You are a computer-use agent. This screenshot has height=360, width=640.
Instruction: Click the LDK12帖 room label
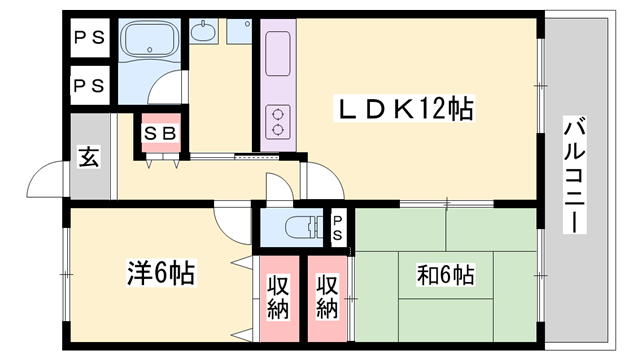tap(402, 107)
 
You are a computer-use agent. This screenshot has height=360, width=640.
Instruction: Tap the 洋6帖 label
tap(160, 271)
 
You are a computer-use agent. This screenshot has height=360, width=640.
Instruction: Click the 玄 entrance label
tap(89, 157)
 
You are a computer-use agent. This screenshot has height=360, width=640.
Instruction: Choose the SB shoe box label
tap(160, 133)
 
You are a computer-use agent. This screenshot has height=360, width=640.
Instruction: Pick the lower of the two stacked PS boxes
tap(87, 85)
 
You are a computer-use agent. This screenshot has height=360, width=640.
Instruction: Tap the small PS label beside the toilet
tap(338, 227)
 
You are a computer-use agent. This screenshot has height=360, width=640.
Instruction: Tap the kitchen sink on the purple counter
tap(277, 47)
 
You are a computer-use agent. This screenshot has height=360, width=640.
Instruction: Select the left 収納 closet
tap(278, 297)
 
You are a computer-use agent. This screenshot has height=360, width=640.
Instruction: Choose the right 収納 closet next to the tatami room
tap(327, 297)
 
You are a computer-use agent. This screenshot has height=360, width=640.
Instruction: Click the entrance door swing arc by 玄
tap(47, 180)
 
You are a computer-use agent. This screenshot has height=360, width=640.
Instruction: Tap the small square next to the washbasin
tap(238, 32)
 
